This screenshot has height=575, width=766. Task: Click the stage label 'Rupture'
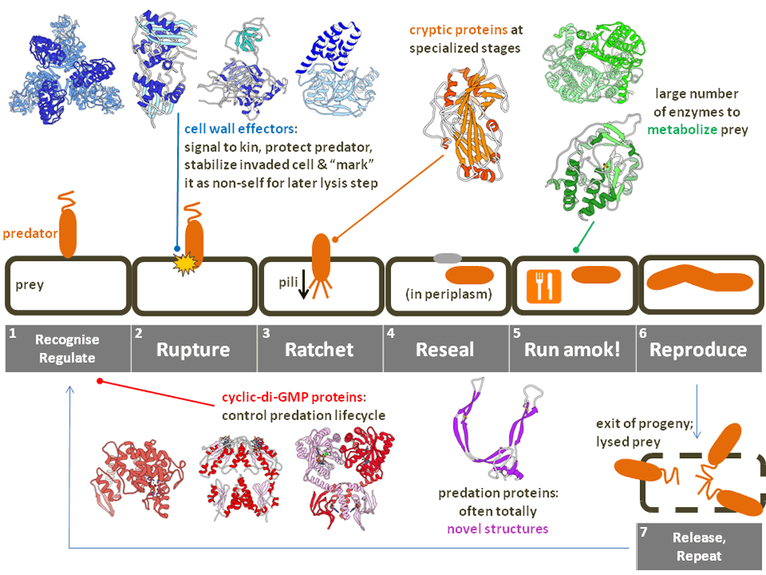(195, 349)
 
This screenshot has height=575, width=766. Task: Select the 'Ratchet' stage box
(320, 349)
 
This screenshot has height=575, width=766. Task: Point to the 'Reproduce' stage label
(698, 349)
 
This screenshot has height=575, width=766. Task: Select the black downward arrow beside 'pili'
(302, 286)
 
